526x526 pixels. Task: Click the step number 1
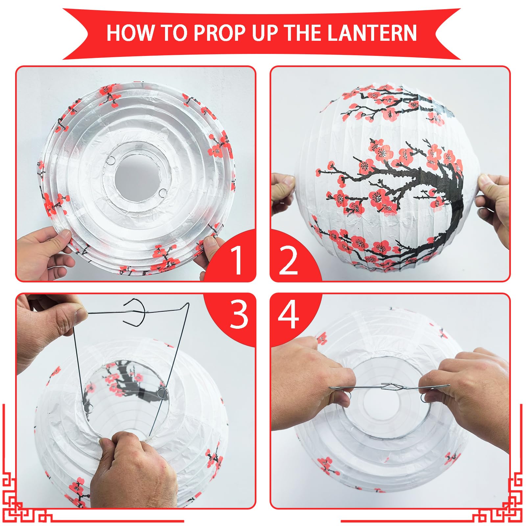(237, 260)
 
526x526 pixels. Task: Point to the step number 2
(288, 260)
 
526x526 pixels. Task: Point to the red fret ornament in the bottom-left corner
(26, 493)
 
